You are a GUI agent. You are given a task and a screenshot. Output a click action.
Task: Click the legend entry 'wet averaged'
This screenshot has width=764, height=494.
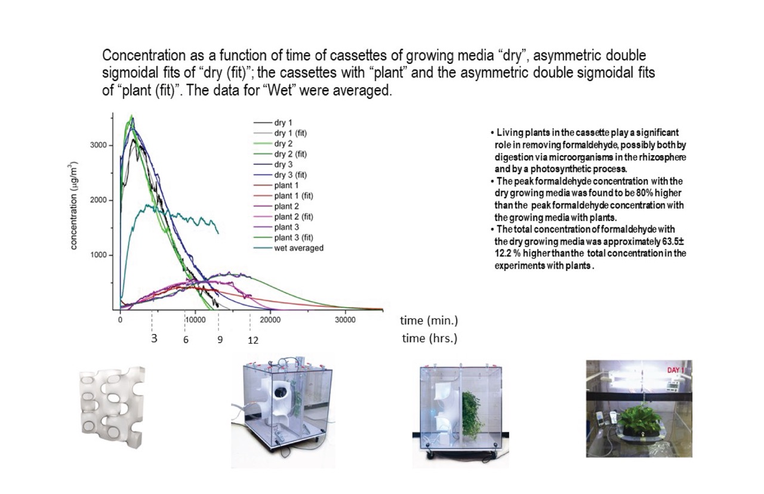[299, 248]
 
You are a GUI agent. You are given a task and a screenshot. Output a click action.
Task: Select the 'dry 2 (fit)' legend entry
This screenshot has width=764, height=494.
[290, 154]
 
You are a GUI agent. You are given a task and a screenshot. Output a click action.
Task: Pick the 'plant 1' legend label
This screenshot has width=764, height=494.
[286, 186]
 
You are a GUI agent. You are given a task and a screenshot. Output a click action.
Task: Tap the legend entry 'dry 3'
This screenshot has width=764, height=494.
[283, 164]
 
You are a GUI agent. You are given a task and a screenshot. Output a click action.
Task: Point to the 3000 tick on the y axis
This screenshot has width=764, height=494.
[98, 145]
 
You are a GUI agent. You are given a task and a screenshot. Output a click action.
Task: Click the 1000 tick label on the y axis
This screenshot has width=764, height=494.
[98, 255]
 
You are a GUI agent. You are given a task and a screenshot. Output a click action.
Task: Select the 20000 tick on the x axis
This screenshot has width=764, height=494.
[270, 320]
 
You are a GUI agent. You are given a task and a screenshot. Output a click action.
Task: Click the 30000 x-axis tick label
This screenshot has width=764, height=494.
[345, 320]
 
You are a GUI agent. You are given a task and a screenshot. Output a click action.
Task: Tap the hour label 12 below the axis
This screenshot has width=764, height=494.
[253, 340]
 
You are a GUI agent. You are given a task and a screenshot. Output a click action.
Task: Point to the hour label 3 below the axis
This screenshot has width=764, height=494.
[154, 338]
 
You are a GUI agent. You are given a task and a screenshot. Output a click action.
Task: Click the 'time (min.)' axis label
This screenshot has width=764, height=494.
[429, 320]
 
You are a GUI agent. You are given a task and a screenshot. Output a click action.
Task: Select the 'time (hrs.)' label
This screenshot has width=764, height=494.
[430, 338]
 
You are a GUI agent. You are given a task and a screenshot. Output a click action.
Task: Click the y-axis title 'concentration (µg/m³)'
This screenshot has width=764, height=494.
[73, 206]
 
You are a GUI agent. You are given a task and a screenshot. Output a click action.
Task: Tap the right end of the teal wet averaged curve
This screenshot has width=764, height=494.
[218, 233]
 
